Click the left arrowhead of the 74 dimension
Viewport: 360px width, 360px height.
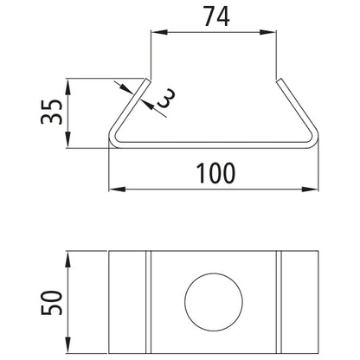[x=157, y=33]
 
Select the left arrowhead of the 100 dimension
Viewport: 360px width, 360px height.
[x=115, y=187]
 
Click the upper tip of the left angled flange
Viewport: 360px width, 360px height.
[x=147, y=80]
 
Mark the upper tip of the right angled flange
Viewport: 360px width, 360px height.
[x=280, y=80]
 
